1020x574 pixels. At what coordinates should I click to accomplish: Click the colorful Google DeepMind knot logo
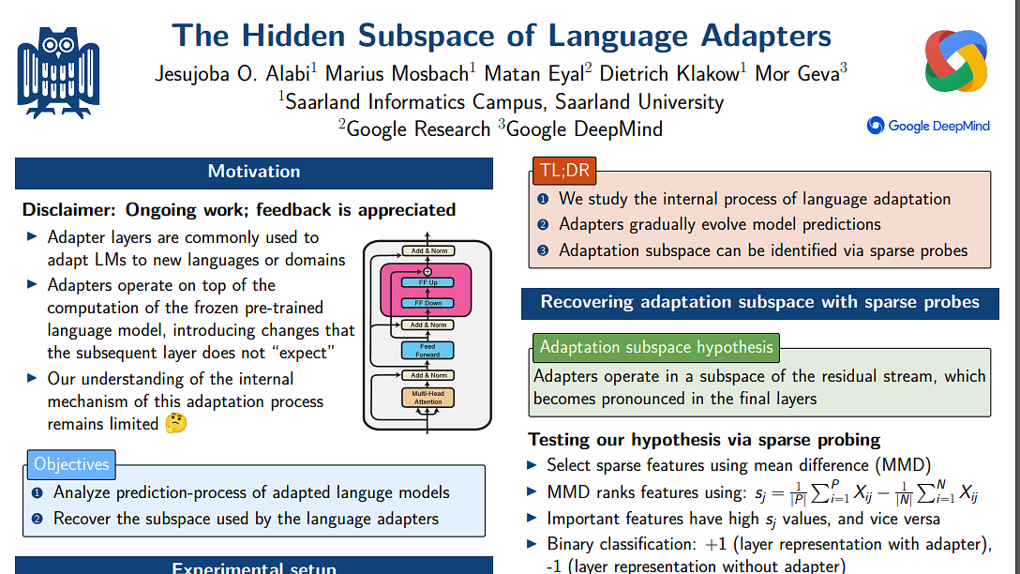955,62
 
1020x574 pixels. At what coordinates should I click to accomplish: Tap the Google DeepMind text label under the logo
927,126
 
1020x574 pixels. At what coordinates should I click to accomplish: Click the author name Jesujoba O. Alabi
234,74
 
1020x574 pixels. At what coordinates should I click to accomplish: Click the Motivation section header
254,172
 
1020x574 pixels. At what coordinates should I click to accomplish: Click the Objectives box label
71,464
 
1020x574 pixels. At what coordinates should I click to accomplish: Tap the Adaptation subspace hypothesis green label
656,347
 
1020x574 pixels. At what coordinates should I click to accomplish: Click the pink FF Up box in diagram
427,282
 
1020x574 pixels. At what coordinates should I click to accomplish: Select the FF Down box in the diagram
427,303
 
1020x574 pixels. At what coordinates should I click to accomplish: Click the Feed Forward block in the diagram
427,350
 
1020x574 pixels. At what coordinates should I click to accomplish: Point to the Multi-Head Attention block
427,398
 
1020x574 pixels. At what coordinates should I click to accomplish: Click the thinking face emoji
175,424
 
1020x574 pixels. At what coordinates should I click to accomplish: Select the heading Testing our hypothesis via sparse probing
704,440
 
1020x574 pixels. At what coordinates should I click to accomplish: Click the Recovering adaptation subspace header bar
759,302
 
